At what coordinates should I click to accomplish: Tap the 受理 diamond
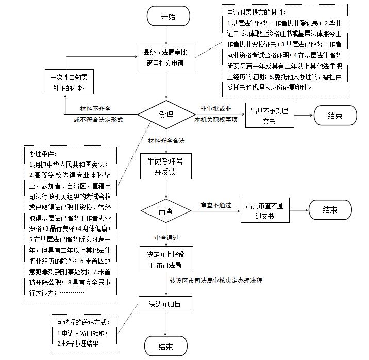pos(166,114)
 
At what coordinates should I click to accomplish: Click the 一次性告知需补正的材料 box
pos(69,83)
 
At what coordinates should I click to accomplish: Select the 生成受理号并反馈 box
pos(165,166)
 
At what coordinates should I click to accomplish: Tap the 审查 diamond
pos(165,212)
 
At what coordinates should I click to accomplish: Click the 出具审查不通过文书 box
pos(265,210)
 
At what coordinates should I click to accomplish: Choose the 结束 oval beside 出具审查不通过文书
pos(330,210)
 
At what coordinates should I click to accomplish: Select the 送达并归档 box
pos(165,304)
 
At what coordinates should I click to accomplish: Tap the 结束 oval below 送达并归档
pos(165,346)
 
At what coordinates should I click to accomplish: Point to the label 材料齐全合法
pos(166,140)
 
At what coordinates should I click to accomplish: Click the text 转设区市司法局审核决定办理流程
pos(216,281)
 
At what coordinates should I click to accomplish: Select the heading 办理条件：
pos(44,153)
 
